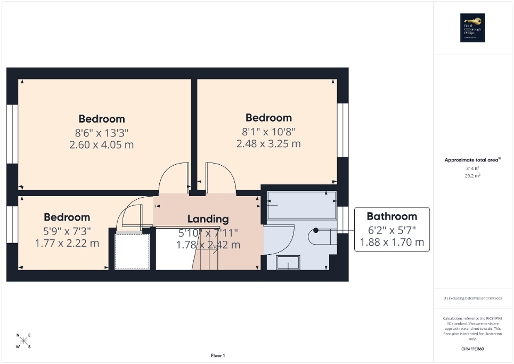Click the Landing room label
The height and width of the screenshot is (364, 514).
click(208, 219)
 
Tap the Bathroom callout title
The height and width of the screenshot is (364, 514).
click(391, 216)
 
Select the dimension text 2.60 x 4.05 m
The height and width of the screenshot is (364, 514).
click(101, 144)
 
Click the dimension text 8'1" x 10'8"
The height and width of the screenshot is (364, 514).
click(268, 131)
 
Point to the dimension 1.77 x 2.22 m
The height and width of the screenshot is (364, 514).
click(67, 243)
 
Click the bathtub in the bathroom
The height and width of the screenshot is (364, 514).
click(301, 205)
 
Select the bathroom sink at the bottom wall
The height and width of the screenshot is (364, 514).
click(288, 262)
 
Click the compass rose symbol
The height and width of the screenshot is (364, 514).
click(23, 341)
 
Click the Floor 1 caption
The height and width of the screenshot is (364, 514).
click(217, 355)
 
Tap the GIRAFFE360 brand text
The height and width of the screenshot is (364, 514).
click(473, 349)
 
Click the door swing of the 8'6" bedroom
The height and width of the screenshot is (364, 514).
click(175, 178)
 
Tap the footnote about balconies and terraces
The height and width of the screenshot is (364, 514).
click(472, 298)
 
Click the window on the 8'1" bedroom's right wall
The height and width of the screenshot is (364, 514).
click(343, 130)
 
